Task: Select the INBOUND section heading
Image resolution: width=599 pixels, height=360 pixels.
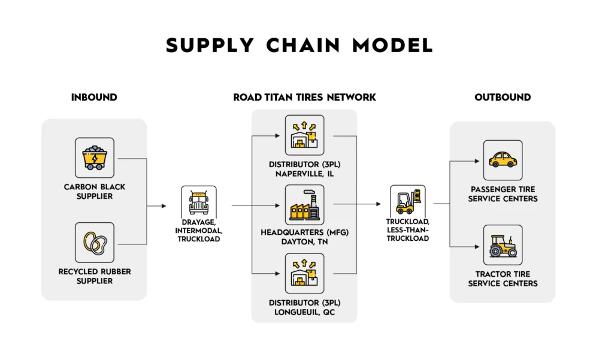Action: (94, 98)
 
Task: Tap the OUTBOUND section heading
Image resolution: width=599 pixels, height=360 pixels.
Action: (503, 98)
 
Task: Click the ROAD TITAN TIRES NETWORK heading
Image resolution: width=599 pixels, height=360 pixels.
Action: (304, 98)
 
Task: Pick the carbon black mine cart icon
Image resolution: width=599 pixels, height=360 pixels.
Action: (94, 158)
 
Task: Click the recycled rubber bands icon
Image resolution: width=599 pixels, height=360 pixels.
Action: (94, 243)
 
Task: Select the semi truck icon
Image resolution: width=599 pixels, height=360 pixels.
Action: (198, 202)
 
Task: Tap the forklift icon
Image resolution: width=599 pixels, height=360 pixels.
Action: (407, 201)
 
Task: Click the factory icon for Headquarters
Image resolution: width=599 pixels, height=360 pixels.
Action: (304, 205)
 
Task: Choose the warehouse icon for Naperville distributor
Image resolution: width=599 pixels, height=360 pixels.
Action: (304, 135)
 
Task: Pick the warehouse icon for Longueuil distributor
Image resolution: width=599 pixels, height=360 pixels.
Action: (304, 273)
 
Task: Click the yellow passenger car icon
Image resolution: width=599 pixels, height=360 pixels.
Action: (503, 160)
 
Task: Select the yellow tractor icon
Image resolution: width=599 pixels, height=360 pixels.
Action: (503, 245)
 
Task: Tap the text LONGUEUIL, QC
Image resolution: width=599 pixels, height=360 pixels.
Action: (304, 312)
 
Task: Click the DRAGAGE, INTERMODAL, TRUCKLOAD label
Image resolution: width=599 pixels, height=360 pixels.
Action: (198, 230)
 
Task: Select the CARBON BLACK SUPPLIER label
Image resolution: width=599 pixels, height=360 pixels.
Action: (94, 191)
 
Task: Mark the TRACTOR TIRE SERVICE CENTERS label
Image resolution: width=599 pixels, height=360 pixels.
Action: (503, 279)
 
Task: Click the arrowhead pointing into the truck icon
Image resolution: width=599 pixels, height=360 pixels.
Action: (164, 206)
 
